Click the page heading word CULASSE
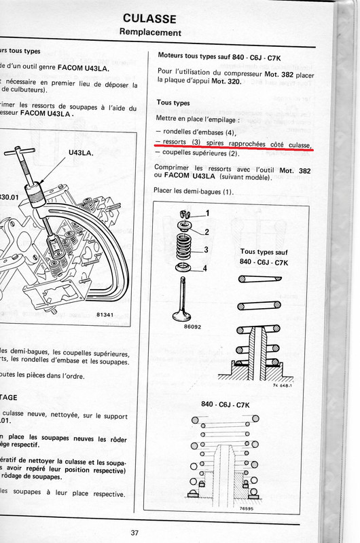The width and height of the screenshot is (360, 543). [149, 18]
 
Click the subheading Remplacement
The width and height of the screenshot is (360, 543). [149, 32]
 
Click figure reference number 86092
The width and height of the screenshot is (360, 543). [181, 327]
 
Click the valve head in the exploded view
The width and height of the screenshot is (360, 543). [183, 314]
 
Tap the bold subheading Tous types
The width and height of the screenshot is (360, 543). [173, 102]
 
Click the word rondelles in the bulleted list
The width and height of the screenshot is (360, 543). [184, 131]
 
